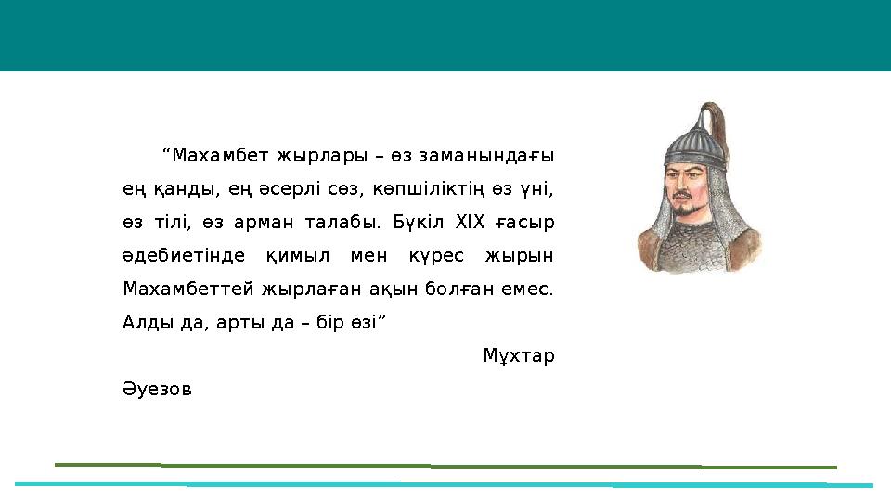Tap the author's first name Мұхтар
coord(519,356)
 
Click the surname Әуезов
coord(157,390)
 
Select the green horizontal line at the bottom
coord(445,466)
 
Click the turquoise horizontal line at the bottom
coord(445,484)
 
